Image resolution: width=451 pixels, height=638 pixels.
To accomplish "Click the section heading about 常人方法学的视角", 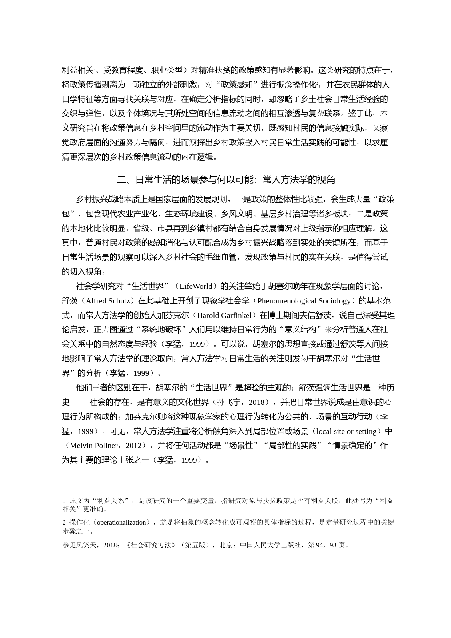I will coord(225,180).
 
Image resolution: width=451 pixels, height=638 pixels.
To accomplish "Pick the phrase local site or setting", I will coord(346,431).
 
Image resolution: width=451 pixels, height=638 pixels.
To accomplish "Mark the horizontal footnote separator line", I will coord(104,494).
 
